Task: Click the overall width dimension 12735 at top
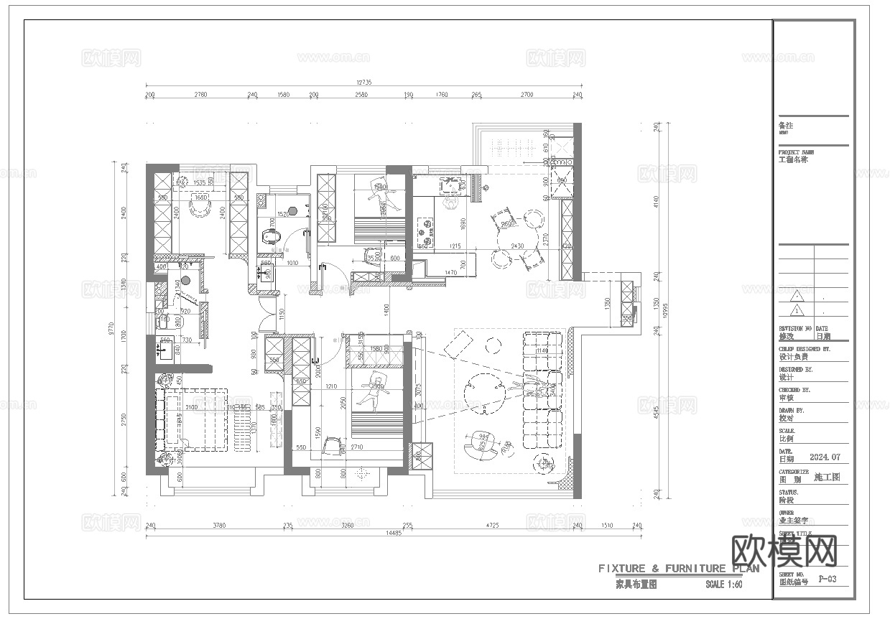[x=363, y=83]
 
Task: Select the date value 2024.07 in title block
[x=824, y=457]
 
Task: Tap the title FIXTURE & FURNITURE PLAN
[x=679, y=569]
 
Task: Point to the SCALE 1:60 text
[x=723, y=585]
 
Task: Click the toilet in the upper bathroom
[x=270, y=238]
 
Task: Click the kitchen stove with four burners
[x=427, y=229]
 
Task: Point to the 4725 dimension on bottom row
[x=492, y=526]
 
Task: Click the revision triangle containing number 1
[x=796, y=311]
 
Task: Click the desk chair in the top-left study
[x=197, y=208]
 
